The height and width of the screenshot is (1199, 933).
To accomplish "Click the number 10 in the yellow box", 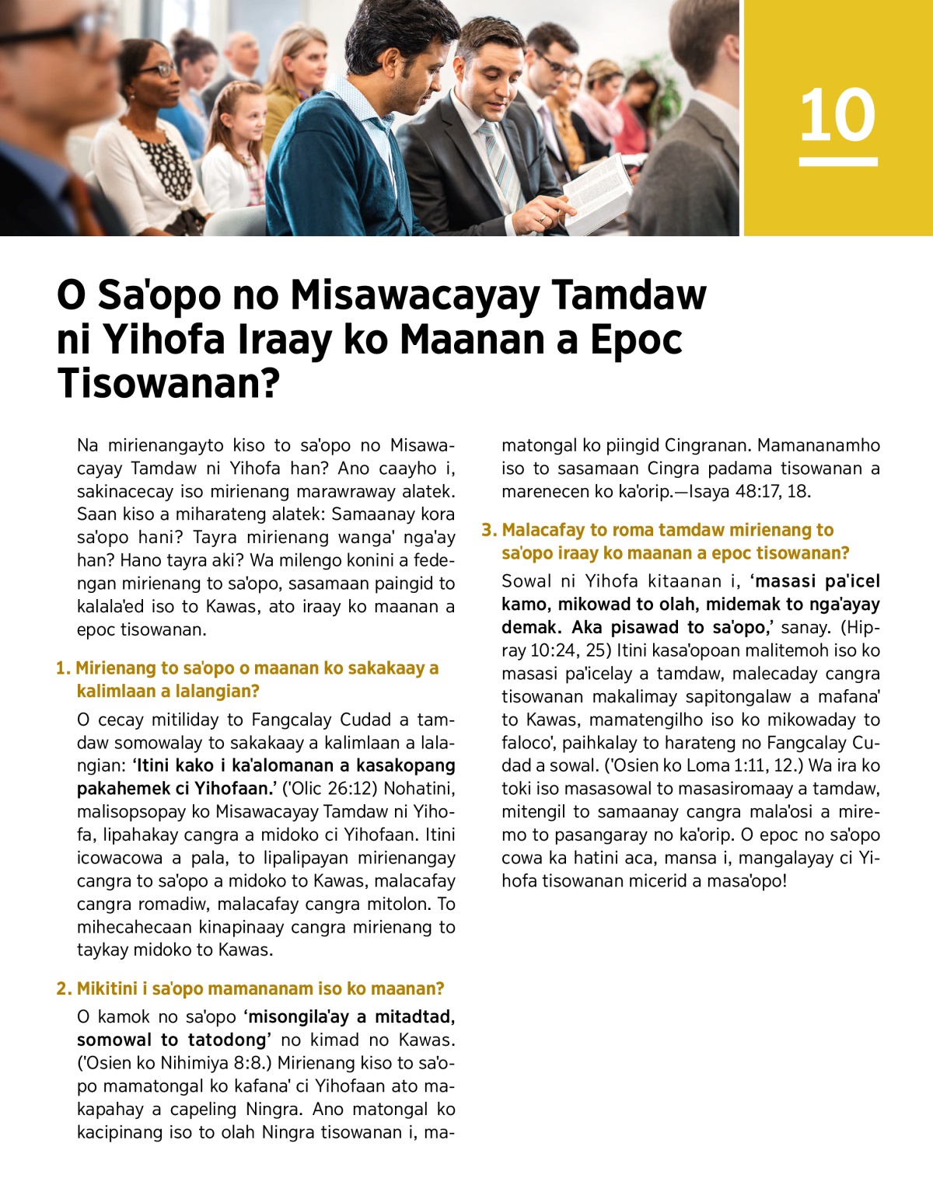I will (837, 115).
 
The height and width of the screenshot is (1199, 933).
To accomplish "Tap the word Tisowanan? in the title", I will (168, 383).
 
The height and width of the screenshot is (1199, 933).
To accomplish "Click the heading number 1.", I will (62, 668).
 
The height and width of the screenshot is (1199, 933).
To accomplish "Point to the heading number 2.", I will (63, 988).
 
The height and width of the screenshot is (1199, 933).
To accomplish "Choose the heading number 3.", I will (487, 530).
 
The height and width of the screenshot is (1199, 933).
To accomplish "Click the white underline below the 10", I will (837, 162).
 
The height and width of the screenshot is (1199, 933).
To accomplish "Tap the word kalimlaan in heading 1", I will (114, 691).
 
